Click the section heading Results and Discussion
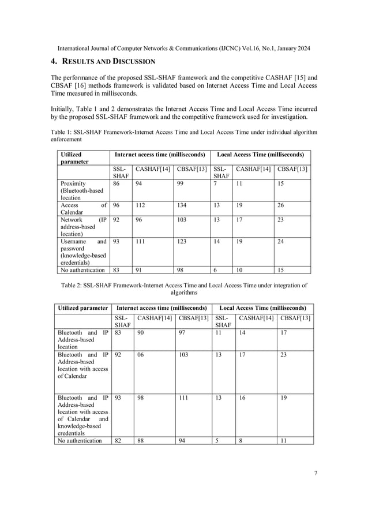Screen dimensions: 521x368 pos(102,61)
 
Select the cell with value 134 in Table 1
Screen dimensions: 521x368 pos(182,204)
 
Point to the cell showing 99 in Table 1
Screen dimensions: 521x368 pos(181,183)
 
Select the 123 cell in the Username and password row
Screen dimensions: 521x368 pos(182,242)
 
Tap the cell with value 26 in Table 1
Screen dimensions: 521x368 pos(283,204)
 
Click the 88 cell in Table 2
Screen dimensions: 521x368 pos(140,440)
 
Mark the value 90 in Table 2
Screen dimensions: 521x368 pos(140,333)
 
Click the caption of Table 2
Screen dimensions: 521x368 pos(184,288)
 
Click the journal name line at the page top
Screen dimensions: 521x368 pos(184,48)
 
